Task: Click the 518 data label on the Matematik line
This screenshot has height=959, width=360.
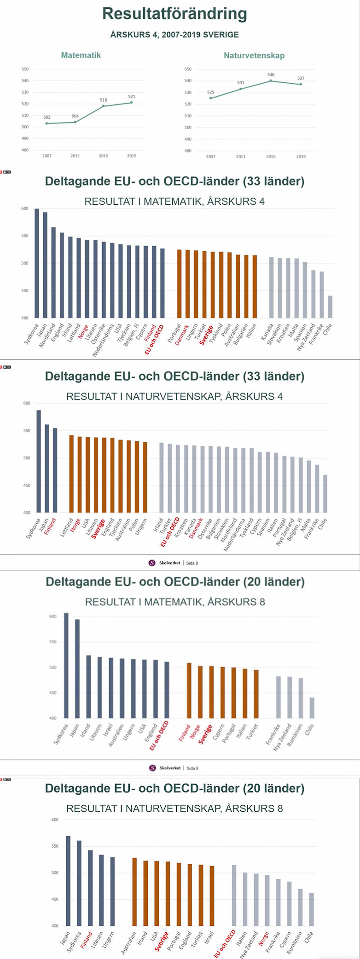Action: click(103, 100)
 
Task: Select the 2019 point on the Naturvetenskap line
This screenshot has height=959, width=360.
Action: click(301, 84)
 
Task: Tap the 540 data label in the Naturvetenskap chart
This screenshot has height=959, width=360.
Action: click(271, 75)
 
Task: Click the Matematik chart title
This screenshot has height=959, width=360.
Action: click(81, 55)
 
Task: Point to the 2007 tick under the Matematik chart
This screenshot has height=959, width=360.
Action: click(47, 156)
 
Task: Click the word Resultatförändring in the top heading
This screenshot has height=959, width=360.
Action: click(174, 14)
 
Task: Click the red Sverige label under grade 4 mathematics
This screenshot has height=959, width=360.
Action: click(206, 335)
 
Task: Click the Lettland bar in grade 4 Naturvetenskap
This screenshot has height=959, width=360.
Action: click(71, 474)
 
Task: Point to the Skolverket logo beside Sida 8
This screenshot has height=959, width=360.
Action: click(152, 563)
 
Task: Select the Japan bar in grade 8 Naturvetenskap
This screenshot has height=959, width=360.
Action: click(68, 881)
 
